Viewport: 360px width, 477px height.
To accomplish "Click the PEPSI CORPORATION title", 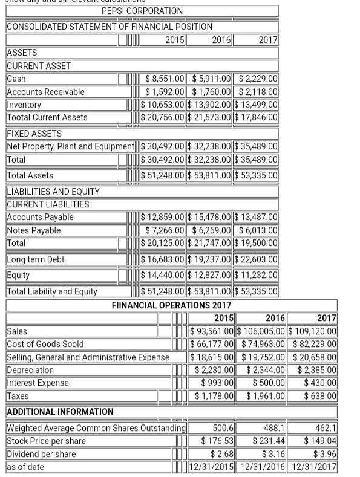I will tap(142, 11).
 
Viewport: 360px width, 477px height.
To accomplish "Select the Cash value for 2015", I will tap(164, 79).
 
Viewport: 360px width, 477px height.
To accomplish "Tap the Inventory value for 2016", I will tap(210, 105).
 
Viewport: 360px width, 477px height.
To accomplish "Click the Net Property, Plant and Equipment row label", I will tap(70, 146).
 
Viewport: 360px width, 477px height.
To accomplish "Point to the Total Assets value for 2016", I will tap(210, 175).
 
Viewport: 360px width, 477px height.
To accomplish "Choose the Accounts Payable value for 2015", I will tap(164, 217).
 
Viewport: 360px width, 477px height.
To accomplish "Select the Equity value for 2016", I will tap(210, 275).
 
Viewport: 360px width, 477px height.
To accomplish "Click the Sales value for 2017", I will tap(312, 331).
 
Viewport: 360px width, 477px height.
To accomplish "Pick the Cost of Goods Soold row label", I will tap(45, 344).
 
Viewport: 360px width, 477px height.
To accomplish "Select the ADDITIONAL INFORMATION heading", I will tap(60, 412).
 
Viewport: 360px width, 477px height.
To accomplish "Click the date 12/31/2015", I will tap(211, 467).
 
